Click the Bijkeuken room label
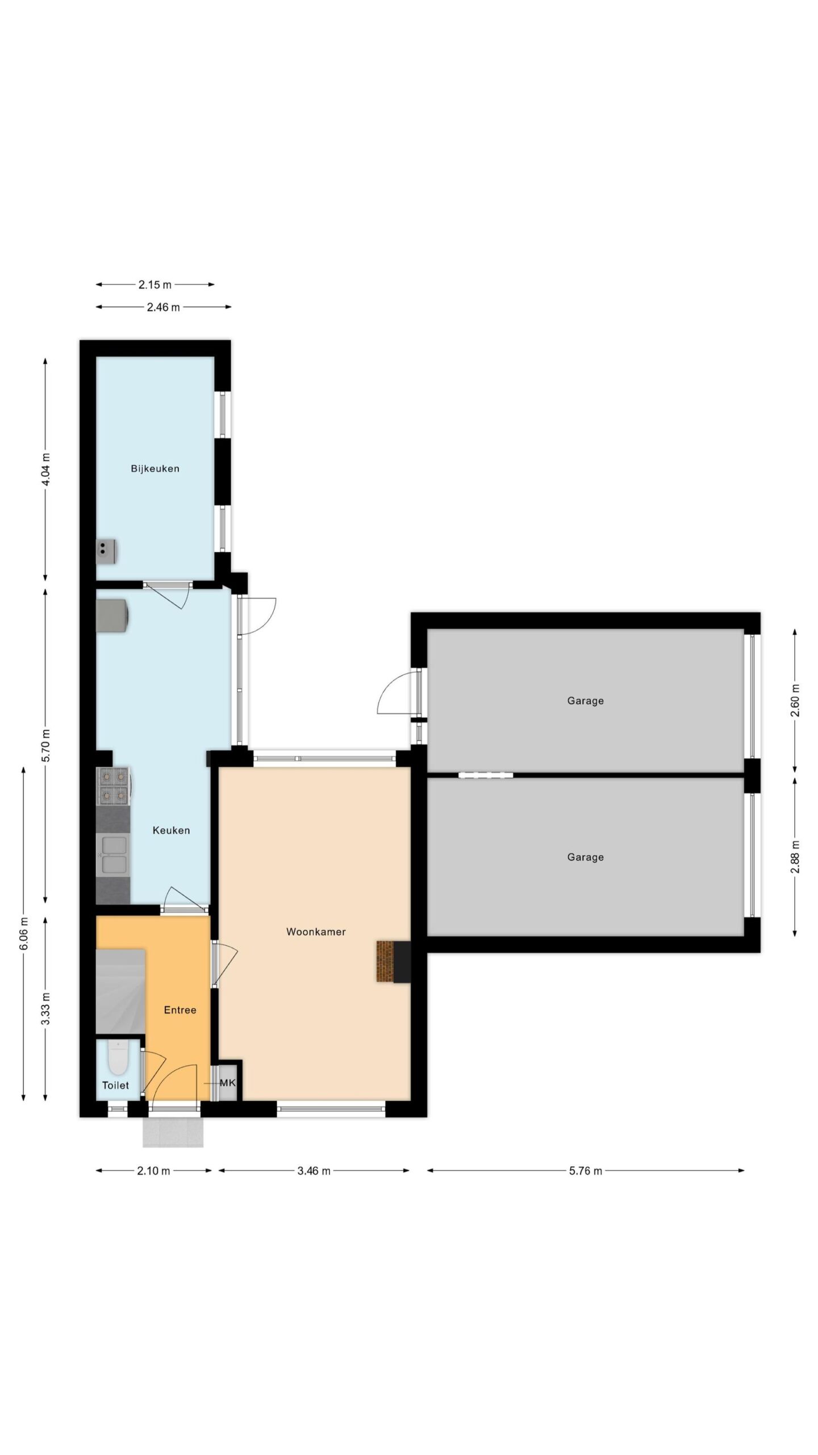pyautogui.click(x=155, y=469)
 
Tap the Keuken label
pyautogui.click(x=171, y=830)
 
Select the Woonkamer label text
pyautogui.click(x=316, y=932)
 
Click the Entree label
pyautogui.click(x=180, y=1010)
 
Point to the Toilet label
pyautogui.click(x=115, y=1085)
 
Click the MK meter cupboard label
pyautogui.click(x=227, y=1083)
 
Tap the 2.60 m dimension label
pyautogui.click(x=795, y=701)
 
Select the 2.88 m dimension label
pyautogui.click(x=795, y=857)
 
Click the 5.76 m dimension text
pyautogui.click(x=586, y=1171)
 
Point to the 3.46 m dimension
pyautogui.click(x=314, y=1171)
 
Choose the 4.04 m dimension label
pyautogui.click(x=46, y=469)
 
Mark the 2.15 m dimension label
pyautogui.click(x=155, y=285)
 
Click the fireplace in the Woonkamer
pyautogui.click(x=393, y=961)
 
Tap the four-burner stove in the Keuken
pyautogui.click(x=113, y=786)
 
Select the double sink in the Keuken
pyautogui.click(x=114, y=855)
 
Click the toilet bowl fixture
pyautogui.click(x=118, y=1058)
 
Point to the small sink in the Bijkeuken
pyautogui.click(x=106, y=551)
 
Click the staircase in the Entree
pyautogui.click(x=120, y=991)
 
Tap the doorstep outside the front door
pyautogui.click(x=173, y=1133)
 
